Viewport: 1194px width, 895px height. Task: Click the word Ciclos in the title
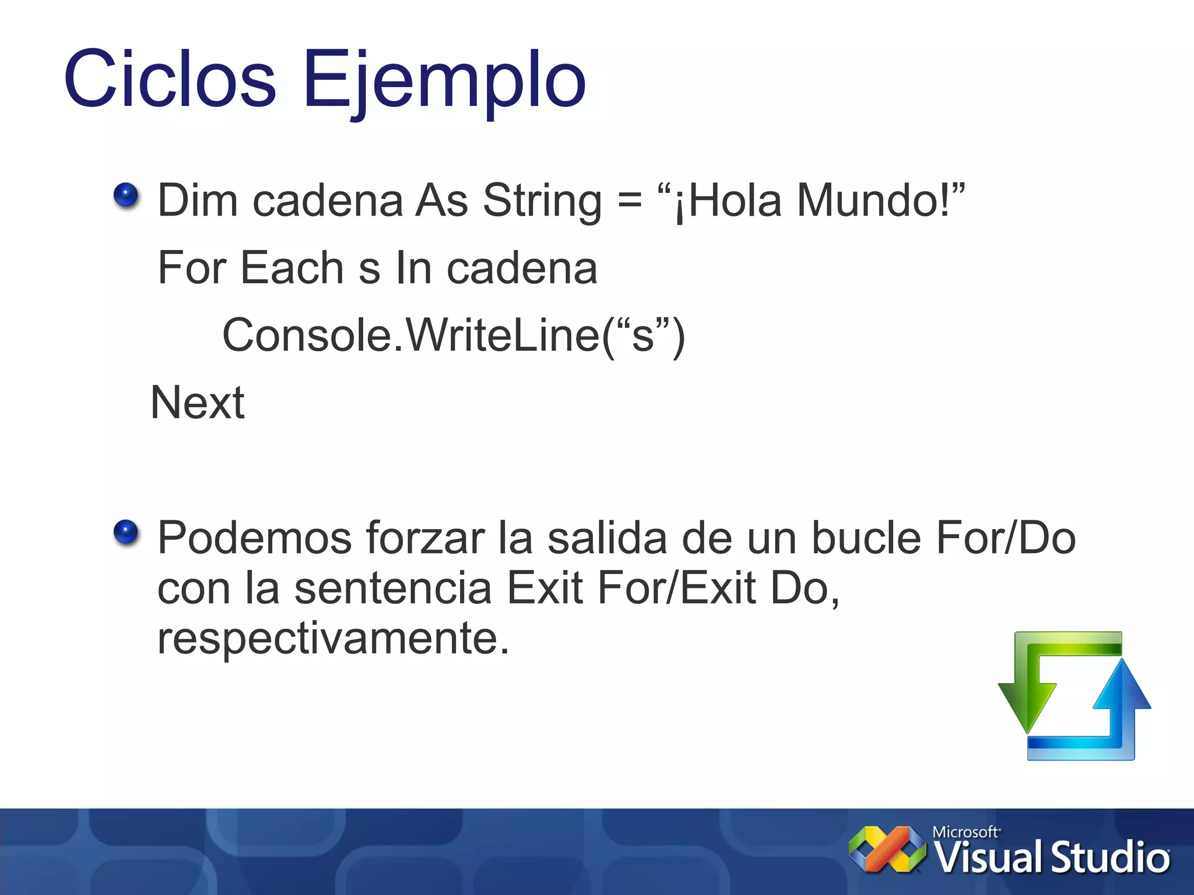click(170, 79)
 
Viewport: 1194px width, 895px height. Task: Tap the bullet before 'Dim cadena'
click(126, 195)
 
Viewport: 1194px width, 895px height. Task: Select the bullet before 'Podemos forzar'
click(126, 532)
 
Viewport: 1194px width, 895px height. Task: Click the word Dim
click(198, 200)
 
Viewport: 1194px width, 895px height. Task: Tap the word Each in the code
click(292, 268)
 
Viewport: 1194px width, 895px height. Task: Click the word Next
click(198, 403)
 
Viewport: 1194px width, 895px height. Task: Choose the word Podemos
click(255, 538)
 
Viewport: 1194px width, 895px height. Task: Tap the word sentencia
click(393, 588)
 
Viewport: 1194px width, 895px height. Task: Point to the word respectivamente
click(333, 638)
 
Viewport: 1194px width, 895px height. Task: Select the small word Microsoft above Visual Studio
click(965, 831)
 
